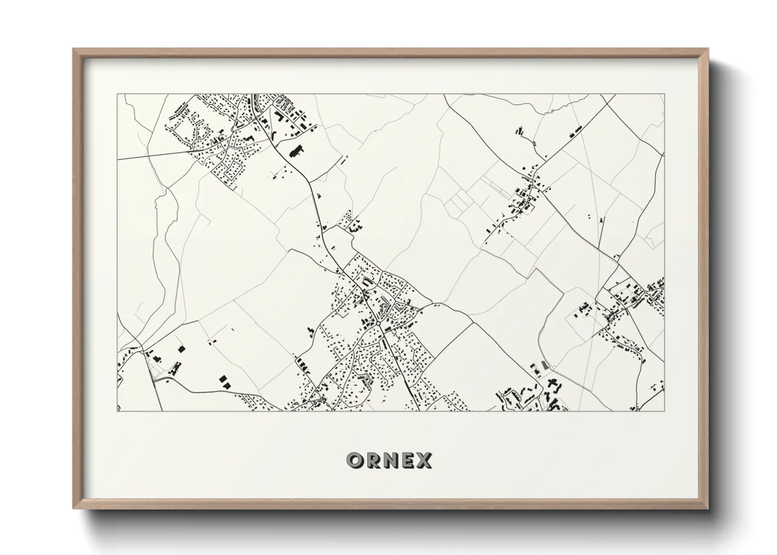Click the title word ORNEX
click(x=389, y=460)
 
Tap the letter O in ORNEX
click(x=354, y=460)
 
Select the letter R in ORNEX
click(x=372, y=460)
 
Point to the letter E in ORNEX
click(x=407, y=460)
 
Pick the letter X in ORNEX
click(x=424, y=460)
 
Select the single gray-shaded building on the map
click(x=544, y=364)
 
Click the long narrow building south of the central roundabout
click(x=386, y=345)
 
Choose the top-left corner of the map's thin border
click(x=117, y=94)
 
